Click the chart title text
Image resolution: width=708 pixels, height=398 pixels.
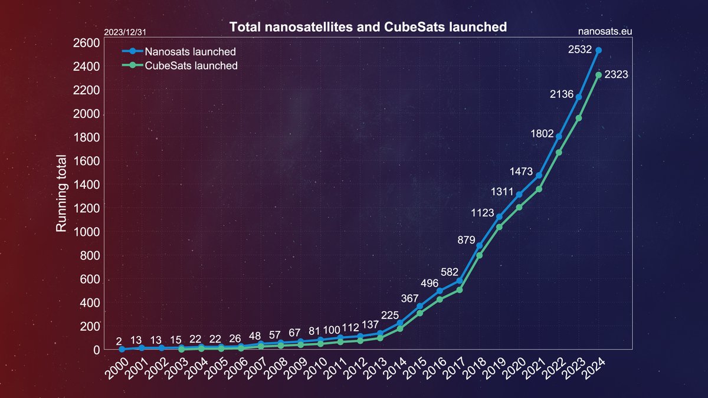(368, 27)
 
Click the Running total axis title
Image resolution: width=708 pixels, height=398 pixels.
(61, 193)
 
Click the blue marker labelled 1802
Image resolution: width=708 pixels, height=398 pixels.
(559, 137)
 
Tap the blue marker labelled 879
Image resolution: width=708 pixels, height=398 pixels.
(479, 246)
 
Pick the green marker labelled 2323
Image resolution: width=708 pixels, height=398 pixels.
(598, 75)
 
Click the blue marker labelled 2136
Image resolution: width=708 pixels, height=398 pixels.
(579, 97)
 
